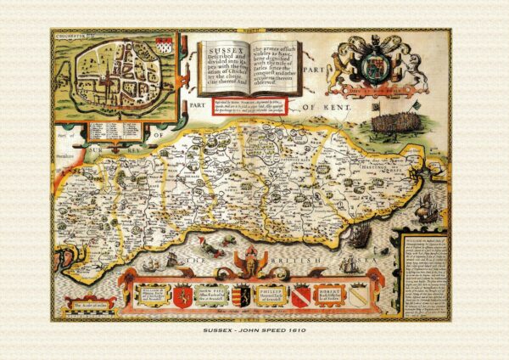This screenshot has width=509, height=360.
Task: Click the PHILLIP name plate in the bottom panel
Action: [263, 295]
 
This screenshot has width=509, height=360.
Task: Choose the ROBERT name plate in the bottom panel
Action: [329, 295]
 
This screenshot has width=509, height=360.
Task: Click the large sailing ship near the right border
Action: [433, 206]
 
